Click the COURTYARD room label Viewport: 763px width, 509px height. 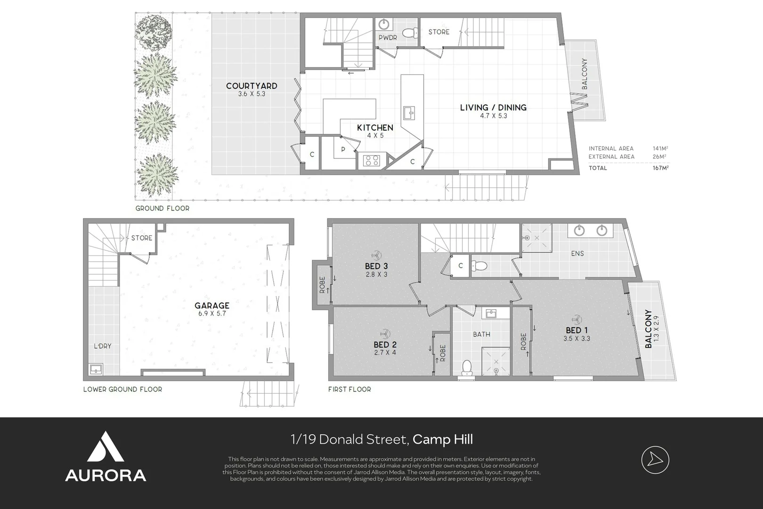click(x=252, y=86)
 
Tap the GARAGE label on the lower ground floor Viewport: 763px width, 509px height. click(x=212, y=305)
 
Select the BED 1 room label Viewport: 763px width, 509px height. click(x=576, y=330)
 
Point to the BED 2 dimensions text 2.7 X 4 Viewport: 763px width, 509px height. click(x=385, y=352)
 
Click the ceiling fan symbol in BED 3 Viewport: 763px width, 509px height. click(x=376, y=255)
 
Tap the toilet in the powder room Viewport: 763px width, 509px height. click(x=410, y=33)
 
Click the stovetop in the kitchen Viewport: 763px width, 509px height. click(x=371, y=160)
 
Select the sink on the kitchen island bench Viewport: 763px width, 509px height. click(x=409, y=113)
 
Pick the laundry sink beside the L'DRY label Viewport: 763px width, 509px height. click(x=96, y=369)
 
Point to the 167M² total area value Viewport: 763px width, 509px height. click(x=660, y=168)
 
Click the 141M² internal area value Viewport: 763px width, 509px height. click(x=660, y=148)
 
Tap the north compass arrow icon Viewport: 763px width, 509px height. click(x=655, y=460)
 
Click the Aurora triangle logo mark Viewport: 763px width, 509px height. click(x=106, y=447)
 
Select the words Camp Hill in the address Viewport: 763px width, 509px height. click(x=443, y=439)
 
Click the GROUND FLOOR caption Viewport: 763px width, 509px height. click(x=162, y=208)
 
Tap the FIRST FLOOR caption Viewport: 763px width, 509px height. click(x=349, y=389)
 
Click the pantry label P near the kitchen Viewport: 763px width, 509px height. click(x=343, y=149)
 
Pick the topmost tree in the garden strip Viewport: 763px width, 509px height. click(x=153, y=32)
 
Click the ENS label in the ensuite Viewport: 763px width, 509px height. click(x=577, y=253)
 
